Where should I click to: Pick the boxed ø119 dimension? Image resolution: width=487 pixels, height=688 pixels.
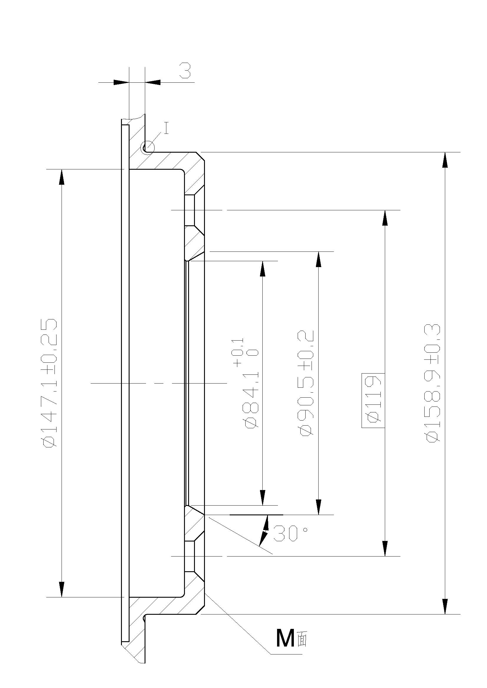[373, 400]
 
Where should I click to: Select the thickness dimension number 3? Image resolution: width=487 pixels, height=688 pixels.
[185, 71]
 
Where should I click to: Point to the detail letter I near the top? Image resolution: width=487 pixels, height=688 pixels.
[167, 128]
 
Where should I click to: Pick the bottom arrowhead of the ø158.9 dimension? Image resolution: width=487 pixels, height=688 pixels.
[445, 607]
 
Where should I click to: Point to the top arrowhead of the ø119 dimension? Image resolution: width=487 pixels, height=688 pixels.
[385, 218]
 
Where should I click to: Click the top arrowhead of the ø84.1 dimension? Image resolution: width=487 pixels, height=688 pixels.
[263, 269]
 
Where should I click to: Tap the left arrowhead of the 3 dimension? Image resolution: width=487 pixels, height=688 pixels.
[121, 82]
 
